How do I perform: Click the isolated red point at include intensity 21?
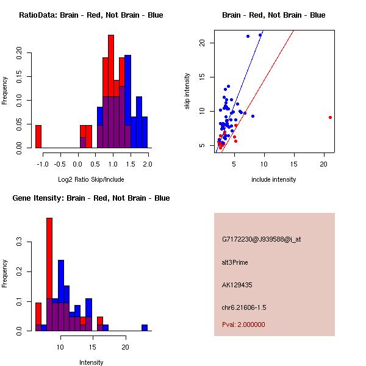pos(330,117)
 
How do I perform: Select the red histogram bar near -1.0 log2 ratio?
pos(38,136)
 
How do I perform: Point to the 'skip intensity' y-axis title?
pos(188,91)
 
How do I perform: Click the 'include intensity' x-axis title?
pos(274,179)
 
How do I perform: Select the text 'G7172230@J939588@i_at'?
pos(262,239)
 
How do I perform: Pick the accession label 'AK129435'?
pos(237,285)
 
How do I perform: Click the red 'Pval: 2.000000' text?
pos(243,325)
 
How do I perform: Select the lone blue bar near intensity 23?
pos(145,328)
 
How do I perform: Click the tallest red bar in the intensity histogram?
pos(49,274)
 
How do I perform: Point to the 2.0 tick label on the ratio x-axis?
pos(148,164)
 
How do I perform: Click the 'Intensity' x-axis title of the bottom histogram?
pos(91,362)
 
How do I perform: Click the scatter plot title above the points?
pos(274,15)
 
